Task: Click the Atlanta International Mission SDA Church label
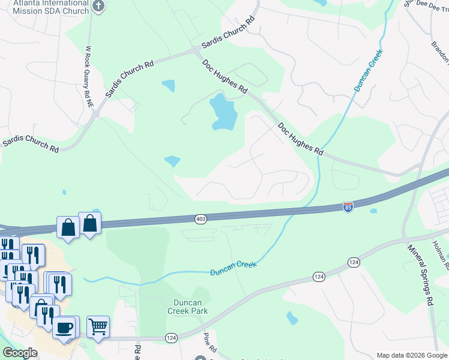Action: (45, 7)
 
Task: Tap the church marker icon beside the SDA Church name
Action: (100, 7)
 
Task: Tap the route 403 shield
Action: (201, 219)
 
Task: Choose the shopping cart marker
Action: (98, 327)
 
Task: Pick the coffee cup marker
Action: (64, 328)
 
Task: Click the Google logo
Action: (20, 353)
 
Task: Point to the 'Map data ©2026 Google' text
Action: (412, 355)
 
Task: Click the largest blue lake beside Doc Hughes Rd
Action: (223, 113)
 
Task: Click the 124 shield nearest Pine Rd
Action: (171, 338)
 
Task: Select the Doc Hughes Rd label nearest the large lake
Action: (224, 76)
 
